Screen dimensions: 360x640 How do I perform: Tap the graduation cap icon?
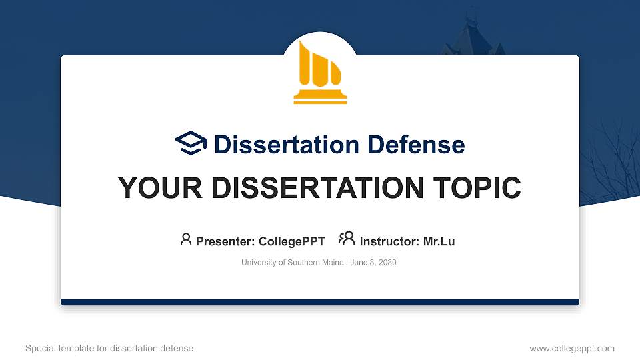click(x=191, y=144)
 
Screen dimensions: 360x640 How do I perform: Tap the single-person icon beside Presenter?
click(x=186, y=239)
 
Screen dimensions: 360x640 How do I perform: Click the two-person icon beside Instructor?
click(x=347, y=239)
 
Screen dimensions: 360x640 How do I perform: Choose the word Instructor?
click(x=389, y=241)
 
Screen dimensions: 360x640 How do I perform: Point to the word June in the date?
click(x=357, y=263)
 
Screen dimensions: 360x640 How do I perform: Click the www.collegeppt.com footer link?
click(x=572, y=348)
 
